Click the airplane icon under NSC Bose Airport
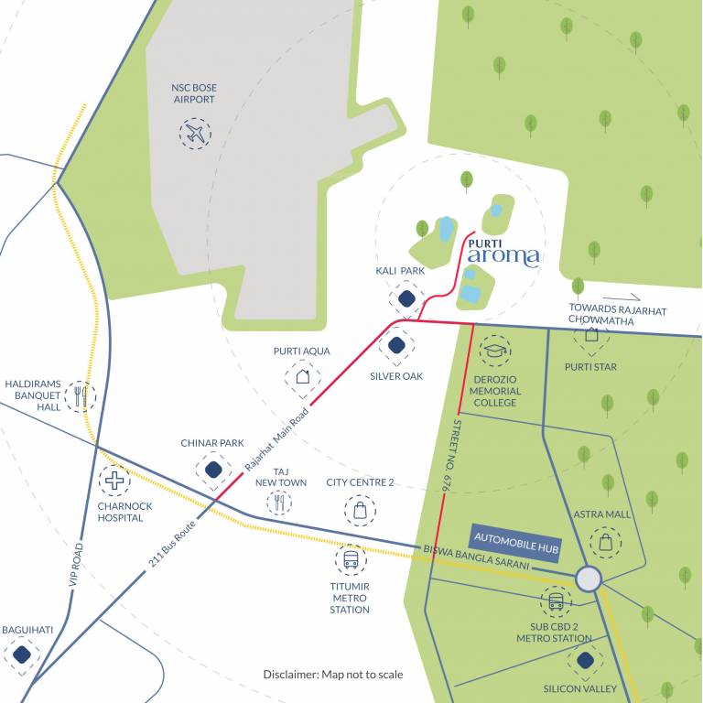pos(195,134)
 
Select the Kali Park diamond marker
pos(406,298)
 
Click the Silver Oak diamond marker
pos(396,346)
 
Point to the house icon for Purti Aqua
pos(302,375)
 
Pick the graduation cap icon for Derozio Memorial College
pos(495,351)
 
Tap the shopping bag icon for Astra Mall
pos(604,542)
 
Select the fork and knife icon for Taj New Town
pos(280,502)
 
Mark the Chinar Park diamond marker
pos(212,470)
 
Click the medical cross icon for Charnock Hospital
pos(114,480)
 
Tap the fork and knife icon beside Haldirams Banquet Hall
pos(80,395)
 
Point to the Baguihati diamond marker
pos(22,654)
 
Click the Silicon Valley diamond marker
pos(584,660)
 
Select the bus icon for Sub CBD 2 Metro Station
pos(556,602)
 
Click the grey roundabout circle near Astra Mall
pos(588,579)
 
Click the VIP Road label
pos(77,559)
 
